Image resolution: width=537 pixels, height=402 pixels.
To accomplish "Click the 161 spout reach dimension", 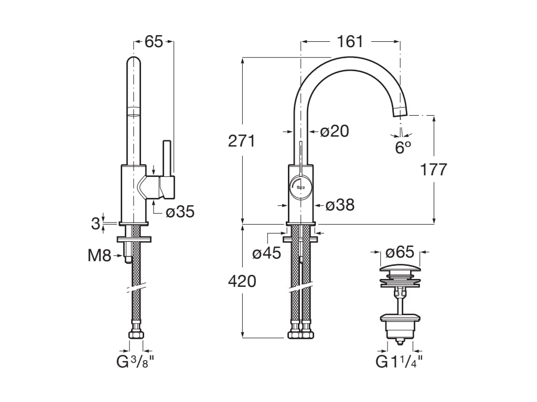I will [x=350, y=41].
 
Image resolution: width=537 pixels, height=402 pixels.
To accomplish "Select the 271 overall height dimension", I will [x=242, y=141].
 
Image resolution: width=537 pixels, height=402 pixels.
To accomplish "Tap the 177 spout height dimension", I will [x=433, y=170].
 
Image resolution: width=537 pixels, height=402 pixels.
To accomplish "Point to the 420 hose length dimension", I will [x=242, y=281].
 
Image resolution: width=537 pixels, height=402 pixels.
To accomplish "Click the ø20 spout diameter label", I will [x=335, y=131].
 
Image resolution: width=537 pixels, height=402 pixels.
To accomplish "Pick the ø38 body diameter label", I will [x=340, y=205].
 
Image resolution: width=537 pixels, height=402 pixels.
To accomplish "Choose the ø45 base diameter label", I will [x=266, y=254].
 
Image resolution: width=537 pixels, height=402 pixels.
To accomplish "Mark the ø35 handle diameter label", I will [x=180, y=211].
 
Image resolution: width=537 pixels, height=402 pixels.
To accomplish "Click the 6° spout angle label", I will [x=402, y=148].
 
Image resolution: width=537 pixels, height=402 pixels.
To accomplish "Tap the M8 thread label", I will [x=99, y=256].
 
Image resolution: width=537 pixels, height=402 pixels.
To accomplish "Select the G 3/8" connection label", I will [x=136, y=362].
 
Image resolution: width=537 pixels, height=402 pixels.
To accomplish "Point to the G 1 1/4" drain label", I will [x=400, y=362].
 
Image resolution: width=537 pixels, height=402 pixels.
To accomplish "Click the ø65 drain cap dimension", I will [x=400, y=252].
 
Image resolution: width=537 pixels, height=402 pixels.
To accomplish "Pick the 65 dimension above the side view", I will [x=154, y=42].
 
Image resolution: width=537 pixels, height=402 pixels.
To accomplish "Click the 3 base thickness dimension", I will [x=95, y=224].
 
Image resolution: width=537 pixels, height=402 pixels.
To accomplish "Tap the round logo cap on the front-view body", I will [x=300, y=187].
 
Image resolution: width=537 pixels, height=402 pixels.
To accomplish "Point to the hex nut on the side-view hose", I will [x=136, y=334].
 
